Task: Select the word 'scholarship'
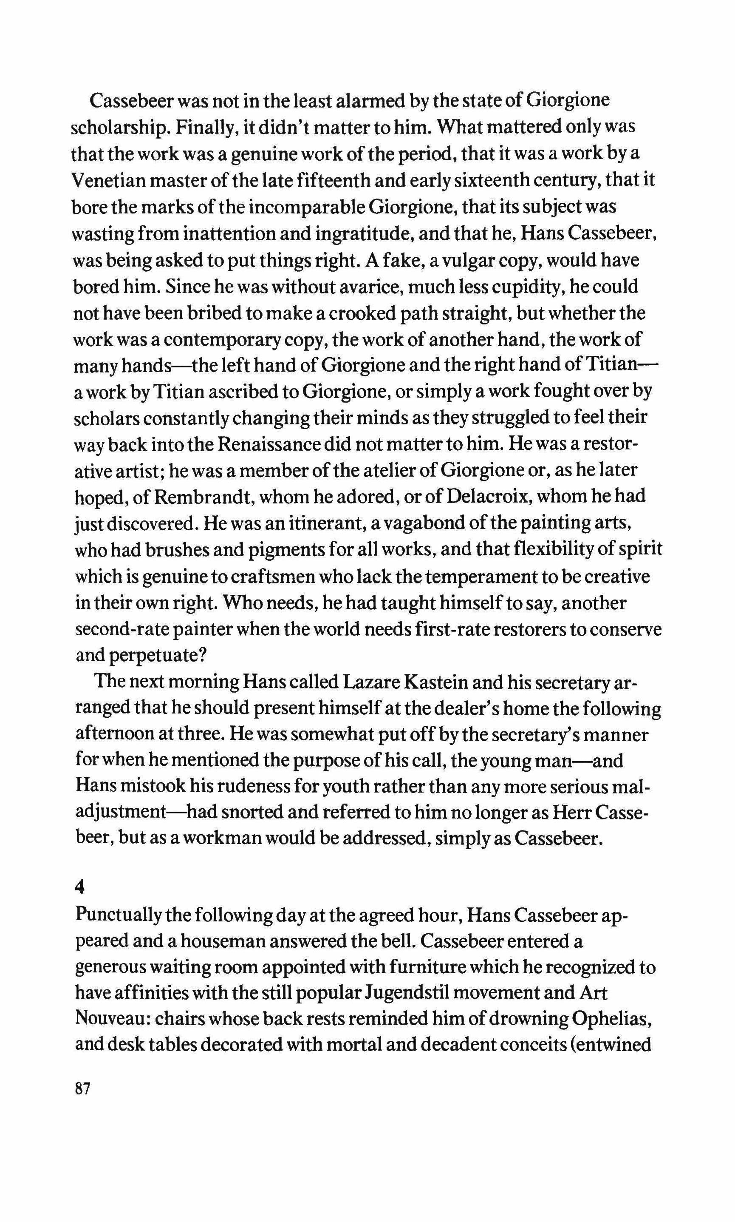[x=120, y=128]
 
